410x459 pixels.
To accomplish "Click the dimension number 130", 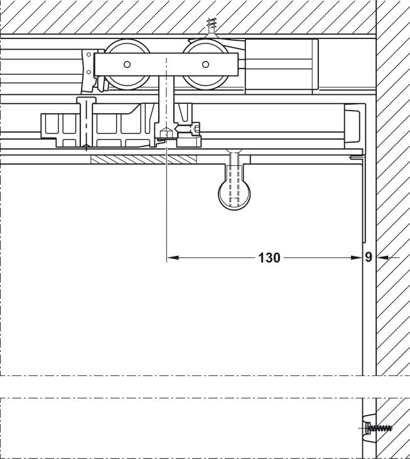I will click(x=269, y=257).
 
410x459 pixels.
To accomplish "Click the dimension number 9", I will click(x=368, y=257).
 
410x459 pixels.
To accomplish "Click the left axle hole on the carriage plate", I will click(x=127, y=65).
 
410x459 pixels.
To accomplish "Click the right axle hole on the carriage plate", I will click(x=204, y=65).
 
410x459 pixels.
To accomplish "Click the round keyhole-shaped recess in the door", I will click(x=234, y=194).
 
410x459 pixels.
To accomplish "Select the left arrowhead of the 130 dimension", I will click(x=171, y=257).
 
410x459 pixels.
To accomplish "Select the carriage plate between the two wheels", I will click(x=166, y=65).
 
